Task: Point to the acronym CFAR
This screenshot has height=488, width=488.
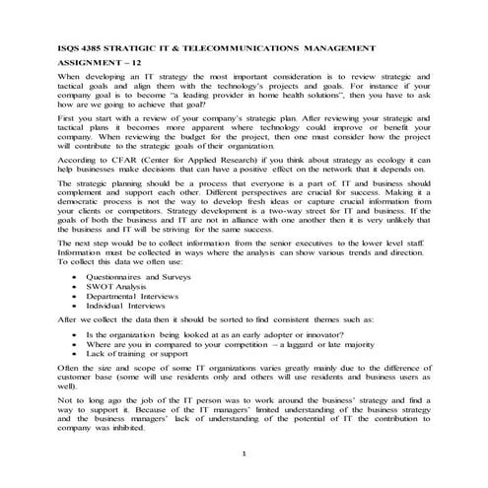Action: point(115,157)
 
